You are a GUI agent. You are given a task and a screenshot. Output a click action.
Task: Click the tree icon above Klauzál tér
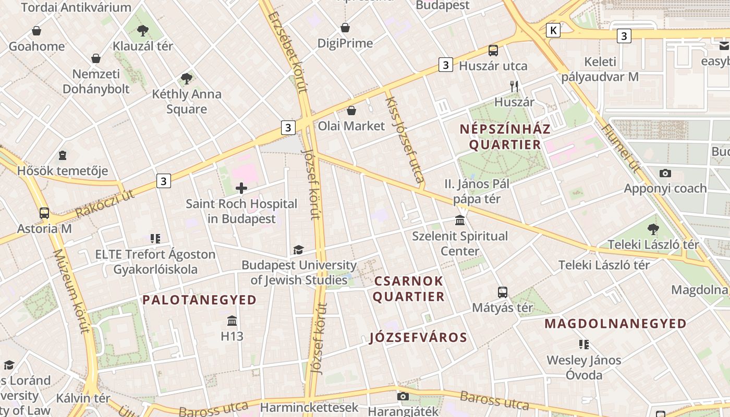click(x=142, y=30)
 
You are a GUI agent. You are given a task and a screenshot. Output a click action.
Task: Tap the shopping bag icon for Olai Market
click(x=351, y=111)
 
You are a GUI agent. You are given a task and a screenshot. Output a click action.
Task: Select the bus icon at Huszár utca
click(x=493, y=51)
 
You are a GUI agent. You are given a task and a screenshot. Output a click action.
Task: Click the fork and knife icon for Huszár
click(x=515, y=87)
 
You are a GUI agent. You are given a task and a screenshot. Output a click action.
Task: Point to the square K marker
click(x=553, y=31)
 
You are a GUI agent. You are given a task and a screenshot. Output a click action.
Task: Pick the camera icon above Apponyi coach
click(x=665, y=173)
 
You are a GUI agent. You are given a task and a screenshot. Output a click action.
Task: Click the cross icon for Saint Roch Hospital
click(x=241, y=188)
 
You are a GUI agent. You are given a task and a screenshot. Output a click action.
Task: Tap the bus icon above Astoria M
click(x=44, y=213)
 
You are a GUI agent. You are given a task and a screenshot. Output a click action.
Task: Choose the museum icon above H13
click(x=232, y=321)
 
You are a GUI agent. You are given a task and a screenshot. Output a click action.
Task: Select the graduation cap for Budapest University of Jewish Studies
click(x=298, y=250)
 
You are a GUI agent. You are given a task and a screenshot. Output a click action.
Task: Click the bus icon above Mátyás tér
click(x=503, y=292)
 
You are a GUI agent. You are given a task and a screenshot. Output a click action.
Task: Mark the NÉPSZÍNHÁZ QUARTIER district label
click(x=505, y=137)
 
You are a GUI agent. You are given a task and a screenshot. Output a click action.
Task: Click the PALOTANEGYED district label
click(x=200, y=300)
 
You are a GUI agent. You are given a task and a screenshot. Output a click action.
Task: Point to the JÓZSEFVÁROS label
click(x=418, y=337)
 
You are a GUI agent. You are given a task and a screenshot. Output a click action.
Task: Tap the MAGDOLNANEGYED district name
click(x=615, y=324)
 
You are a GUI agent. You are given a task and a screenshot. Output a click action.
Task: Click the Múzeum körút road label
click(x=71, y=291)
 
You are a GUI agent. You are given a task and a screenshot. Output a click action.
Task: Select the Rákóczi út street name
click(x=105, y=204)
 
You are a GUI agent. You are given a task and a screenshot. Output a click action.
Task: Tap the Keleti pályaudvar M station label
click(x=600, y=69)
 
